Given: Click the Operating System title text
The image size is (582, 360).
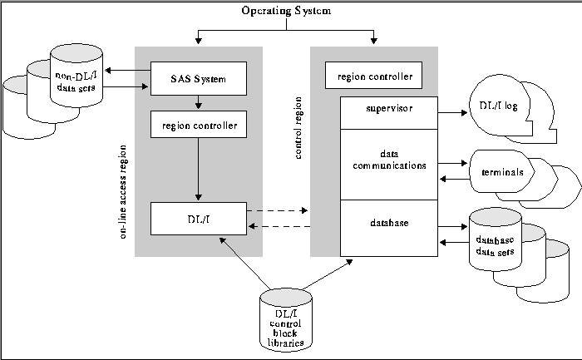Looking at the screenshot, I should [x=285, y=11].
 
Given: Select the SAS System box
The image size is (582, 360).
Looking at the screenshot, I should [x=198, y=79].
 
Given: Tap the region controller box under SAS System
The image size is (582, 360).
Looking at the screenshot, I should [x=198, y=126].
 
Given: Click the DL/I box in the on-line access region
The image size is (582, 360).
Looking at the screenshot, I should [x=198, y=218].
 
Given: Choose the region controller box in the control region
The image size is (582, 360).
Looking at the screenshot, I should [x=374, y=76].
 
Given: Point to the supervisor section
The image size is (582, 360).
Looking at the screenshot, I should [x=389, y=109].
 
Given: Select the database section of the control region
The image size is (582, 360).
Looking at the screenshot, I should [x=389, y=223].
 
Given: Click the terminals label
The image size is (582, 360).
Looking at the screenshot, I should [x=502, y=173].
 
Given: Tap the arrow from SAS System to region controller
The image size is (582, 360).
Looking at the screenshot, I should [x=198, y=103].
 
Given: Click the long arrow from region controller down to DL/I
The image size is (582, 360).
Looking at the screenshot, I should [x=198, y=170].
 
